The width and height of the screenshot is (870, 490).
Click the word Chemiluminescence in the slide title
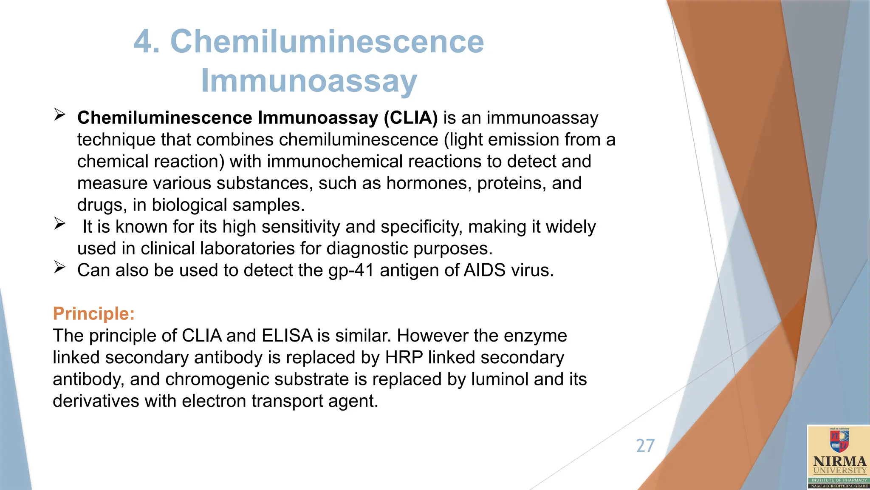pos(327,42)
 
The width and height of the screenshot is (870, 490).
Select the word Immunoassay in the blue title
pos(309,81)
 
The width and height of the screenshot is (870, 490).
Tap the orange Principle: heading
pos(93,314)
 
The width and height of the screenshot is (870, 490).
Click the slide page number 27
pos(645,446)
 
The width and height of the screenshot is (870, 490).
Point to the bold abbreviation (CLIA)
pos(410,118)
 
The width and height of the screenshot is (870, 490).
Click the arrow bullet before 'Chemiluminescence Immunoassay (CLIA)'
pos(59,114)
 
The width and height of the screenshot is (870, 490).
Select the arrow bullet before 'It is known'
pos(59,223)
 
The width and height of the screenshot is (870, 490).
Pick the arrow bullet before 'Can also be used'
pos(59,267)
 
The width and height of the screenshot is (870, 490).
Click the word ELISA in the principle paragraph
pos(287,336)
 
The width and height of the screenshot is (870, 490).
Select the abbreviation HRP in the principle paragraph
pos(404,358)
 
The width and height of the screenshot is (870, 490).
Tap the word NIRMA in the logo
pos(839,462)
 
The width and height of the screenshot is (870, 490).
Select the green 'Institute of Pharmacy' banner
pos(839,480)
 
